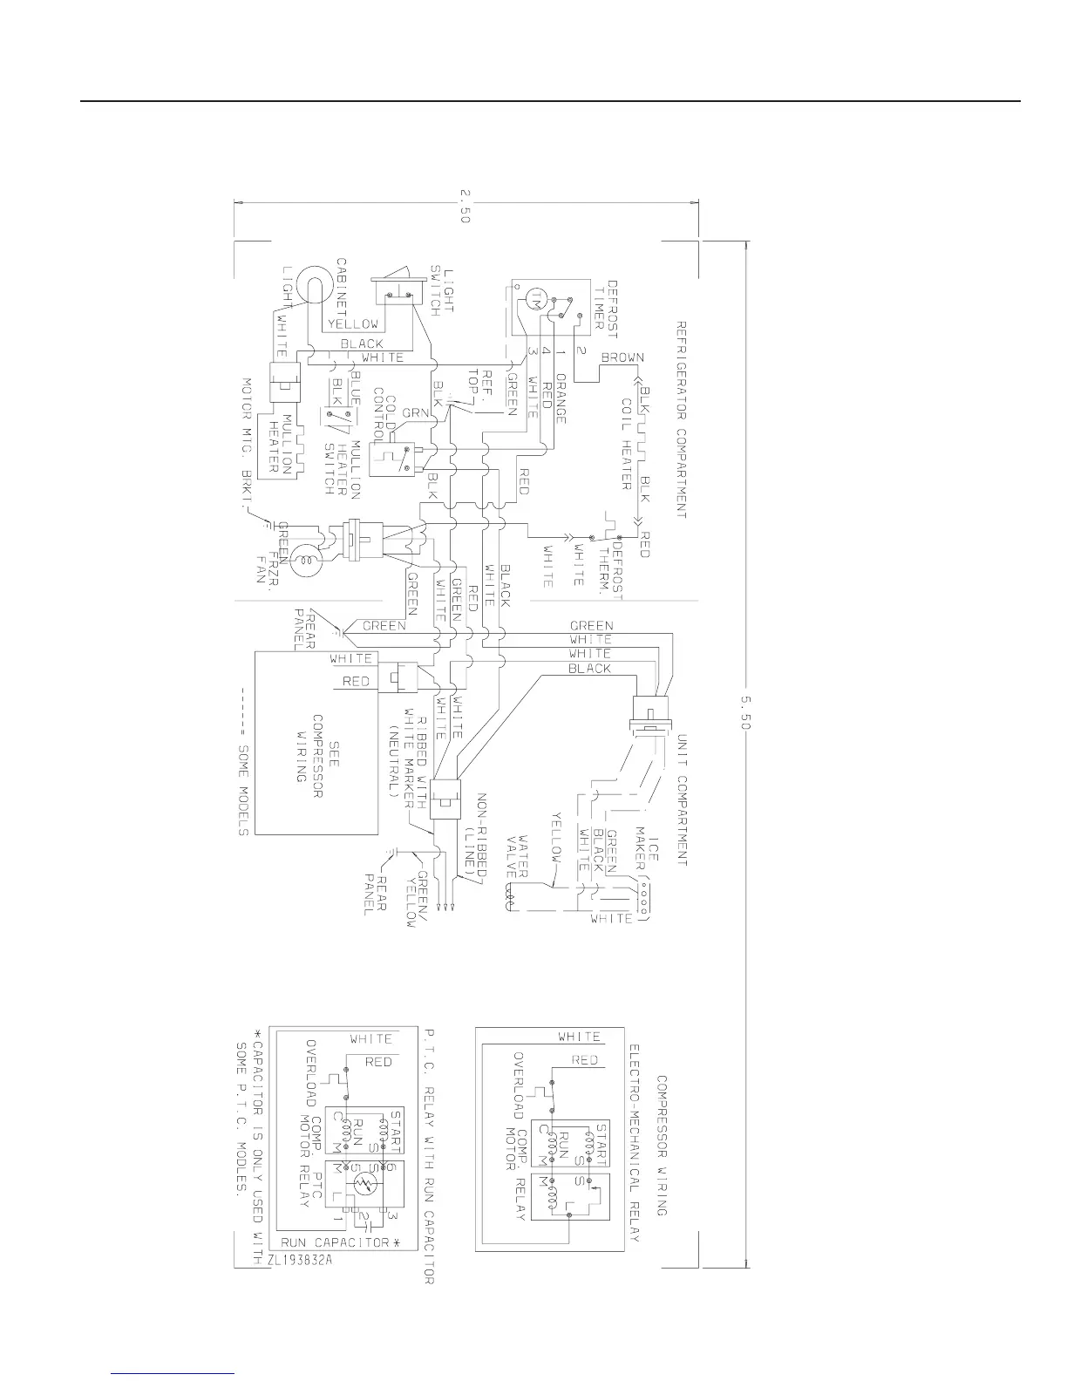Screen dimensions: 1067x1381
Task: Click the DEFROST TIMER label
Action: tap(607, 304)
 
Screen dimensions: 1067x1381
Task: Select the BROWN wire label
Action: tap(622, 358)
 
